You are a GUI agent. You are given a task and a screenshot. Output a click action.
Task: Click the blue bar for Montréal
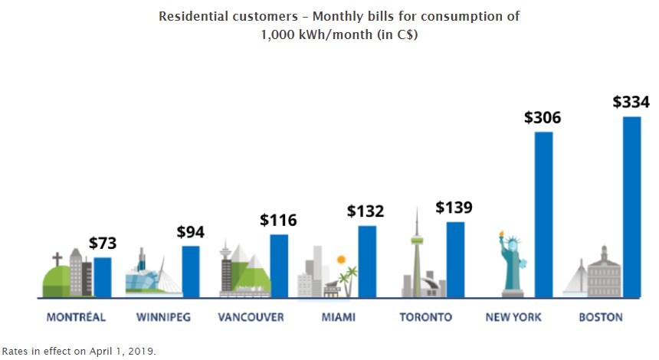(103, 277)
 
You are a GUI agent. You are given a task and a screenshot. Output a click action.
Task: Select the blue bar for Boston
(631, 207)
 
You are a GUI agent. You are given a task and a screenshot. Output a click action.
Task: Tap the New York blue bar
(543, 214)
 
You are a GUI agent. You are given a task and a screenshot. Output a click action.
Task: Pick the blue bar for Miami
(367, 261)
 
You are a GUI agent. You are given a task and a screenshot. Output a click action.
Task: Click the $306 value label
(543, 119)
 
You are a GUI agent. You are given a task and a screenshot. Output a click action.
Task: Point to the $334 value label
(631, 103)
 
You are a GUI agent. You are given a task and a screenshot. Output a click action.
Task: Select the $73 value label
(103, 244)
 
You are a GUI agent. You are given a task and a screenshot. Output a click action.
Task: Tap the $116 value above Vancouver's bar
(278, 221)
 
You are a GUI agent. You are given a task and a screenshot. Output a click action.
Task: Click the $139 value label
(454, 208)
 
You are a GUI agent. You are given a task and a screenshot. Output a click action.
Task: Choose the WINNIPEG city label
(162, 317)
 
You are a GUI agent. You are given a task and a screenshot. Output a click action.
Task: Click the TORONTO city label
(426, 317)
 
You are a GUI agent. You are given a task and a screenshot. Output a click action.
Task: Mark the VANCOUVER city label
(251, 317)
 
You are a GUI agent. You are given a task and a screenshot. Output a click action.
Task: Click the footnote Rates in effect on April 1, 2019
(79, 352)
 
